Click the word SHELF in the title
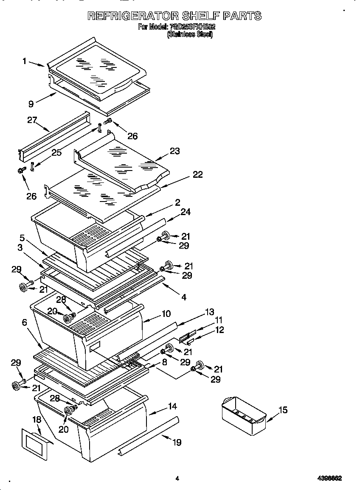click(x=200, y=16)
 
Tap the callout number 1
click(x=25, y=61)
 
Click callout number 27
click(x=32, y=120)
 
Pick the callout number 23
click(x=174, y=151)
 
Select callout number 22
click(x=197, y=174)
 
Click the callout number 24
click(x=186, y=212)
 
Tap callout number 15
click(x=283, y=410)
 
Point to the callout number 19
click(x=177, y=442)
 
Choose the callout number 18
click(x=37, y=420)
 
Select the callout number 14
click(x=172, y=406)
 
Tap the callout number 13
click(x=209, y=312)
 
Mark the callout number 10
click(x=166, y=314)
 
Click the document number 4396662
click(x=330, y=478)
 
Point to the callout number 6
click(x=25, y=322)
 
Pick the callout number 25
click(x=56, y=152)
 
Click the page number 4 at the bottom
click(x=177, y=479)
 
